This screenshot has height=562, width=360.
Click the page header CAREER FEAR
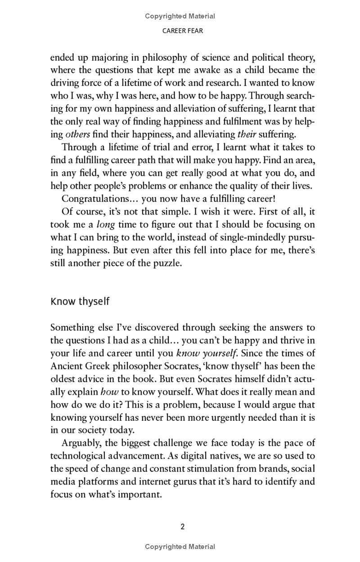180,31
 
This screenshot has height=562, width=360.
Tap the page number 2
183,526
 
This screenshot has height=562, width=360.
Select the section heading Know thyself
80,301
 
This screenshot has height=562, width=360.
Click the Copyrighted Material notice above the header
180,16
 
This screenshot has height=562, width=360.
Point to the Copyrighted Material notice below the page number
180,547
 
